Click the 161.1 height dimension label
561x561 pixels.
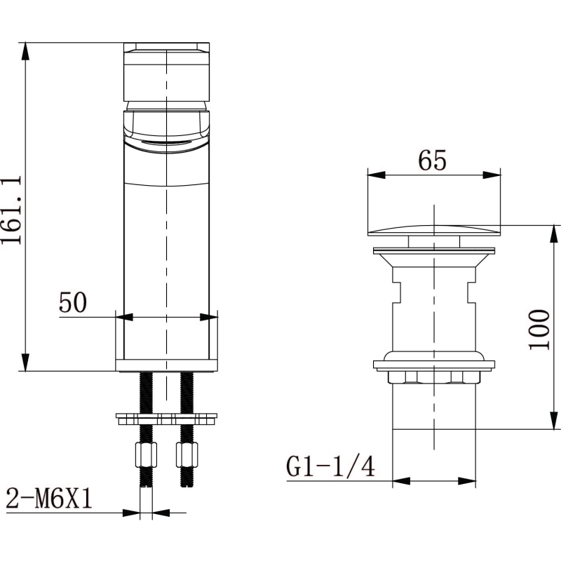pos(11,210)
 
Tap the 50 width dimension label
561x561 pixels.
pos(73,303)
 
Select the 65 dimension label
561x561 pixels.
pos(433,161)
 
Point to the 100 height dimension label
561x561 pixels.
pos(539,330)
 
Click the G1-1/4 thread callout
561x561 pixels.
pos(330,466)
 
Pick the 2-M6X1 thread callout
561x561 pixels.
pos(49,499)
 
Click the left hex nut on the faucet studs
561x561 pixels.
pos(146,454)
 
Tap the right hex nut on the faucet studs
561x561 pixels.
pos(187,454)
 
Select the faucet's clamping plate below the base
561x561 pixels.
pos(166,419)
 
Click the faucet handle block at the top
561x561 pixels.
pos(166,72)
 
